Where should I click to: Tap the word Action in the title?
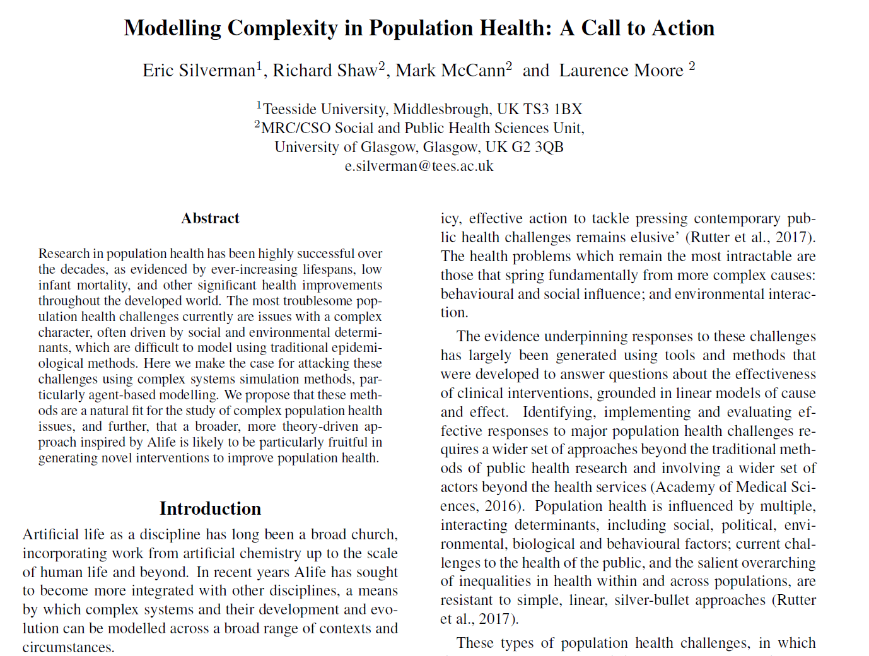(x=684, y=28)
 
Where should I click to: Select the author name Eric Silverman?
(x=199, y=71)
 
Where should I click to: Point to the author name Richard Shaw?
(x=324, y=71)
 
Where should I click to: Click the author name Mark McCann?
(x=450, y=71)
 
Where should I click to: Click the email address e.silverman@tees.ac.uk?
(x=419, y=166)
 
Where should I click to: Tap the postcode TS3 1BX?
(x=552, y=109)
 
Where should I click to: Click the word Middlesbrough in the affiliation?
(x=441, y=109)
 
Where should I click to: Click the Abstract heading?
(x=210, y=218)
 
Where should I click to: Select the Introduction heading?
(x=210, y=508)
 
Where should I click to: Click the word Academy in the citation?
(x=684, y=487)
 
